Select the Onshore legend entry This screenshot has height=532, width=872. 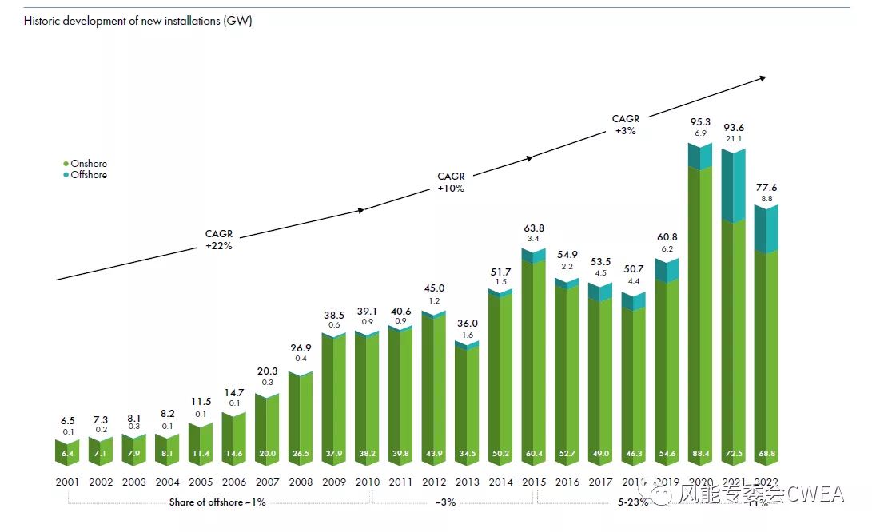coord(88,164)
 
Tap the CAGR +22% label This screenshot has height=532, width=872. coord(218,240)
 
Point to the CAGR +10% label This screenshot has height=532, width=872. coord(450,182)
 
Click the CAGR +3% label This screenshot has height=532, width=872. coord(626,125)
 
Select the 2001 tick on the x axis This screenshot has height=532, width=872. coord(68,482)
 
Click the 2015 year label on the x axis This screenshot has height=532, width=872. coord(534,482)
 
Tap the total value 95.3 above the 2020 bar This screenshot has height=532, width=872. coord(700,122)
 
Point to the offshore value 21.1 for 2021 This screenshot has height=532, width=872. coord(733,139)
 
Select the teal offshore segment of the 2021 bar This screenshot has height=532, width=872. coord(733,185)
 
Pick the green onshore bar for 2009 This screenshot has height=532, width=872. coord(334,391)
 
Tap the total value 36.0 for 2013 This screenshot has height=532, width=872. coord(467,324)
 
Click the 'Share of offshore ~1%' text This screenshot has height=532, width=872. coord(217,502)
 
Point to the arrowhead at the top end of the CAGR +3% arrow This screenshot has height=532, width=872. coord(763,77)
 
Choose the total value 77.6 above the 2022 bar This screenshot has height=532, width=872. coord(766,188)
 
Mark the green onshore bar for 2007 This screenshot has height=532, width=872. coord(268,423)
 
